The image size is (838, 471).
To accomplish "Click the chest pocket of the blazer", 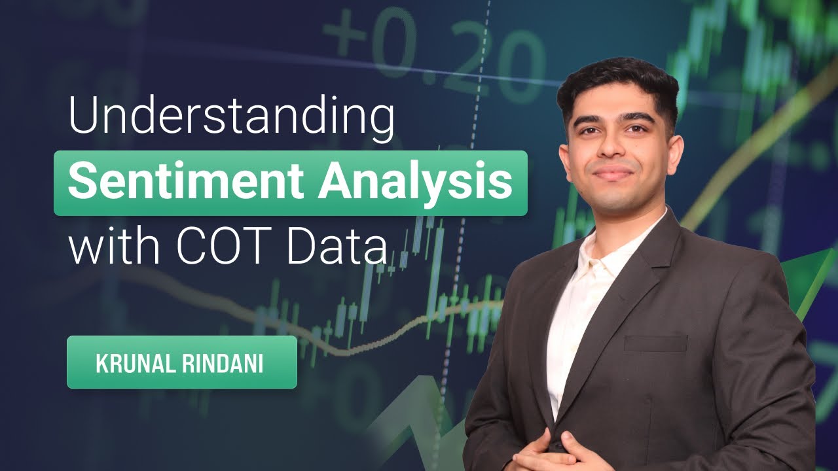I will [x=655, y=343].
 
